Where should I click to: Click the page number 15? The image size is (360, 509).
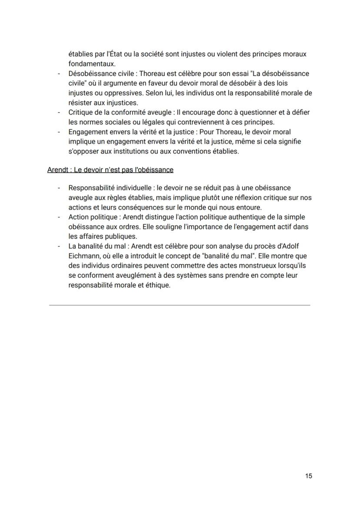308,476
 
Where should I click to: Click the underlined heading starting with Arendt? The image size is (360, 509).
110,170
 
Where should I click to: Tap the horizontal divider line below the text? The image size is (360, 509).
180,305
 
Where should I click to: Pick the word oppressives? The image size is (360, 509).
110,93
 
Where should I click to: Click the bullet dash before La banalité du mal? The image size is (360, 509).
58,246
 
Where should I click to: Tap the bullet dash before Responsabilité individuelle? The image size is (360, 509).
58,188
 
